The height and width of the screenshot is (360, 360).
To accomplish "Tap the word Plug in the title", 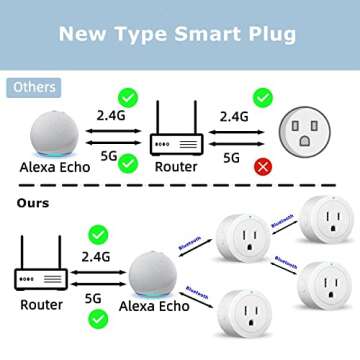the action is pyautogui.click(x=269, y=33).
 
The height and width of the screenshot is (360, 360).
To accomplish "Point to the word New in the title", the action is pyautogui.click(x=84, y=33).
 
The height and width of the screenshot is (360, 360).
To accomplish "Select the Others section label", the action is pyautogui.click(x=34, y=87).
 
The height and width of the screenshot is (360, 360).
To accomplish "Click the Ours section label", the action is pyautogui.click(x=34, y=203).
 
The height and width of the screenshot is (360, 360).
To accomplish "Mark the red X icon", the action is pyautogui.click(x=263, y=165).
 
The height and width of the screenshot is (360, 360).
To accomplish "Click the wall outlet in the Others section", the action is pyautogui.click(x=313, y=132).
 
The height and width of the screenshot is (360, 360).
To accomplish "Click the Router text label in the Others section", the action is pyautogui.click(x=176, y=166).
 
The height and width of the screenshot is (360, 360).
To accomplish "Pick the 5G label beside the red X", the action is pyautogui.click(x=231, y=157).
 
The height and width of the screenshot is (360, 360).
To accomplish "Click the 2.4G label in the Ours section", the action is pyautogui.click(x=97, y=256).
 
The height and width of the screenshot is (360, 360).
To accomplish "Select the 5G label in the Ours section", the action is pyautogui.click(x=93, y=297).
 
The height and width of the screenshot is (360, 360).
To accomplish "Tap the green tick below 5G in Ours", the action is pyautogui.click(x=98, y=320).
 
